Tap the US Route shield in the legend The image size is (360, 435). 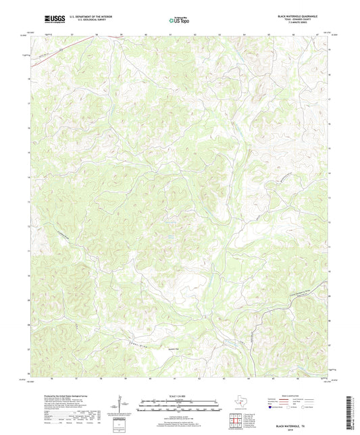point(290,408)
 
